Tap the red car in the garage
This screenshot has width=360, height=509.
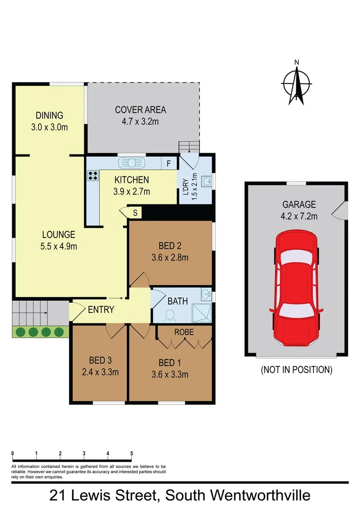point(295,287)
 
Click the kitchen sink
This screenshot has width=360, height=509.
point(132,163)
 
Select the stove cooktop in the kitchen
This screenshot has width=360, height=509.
point(93,176)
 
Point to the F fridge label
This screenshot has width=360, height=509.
point(168,164)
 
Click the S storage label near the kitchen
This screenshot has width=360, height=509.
point(135,213)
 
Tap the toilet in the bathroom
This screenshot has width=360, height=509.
point(171,315)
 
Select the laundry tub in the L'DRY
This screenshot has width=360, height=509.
point(206,181)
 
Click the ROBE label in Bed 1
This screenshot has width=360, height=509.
point(184,332)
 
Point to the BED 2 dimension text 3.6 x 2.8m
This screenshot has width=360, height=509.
point(170,257)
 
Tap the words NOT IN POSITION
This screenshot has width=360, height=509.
point(297,370)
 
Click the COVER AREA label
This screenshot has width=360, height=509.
point(140,110)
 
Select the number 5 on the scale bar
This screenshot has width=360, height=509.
point(131,453)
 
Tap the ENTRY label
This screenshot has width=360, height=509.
point(101,310)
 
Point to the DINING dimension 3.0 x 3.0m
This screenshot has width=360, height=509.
point(49,127)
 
